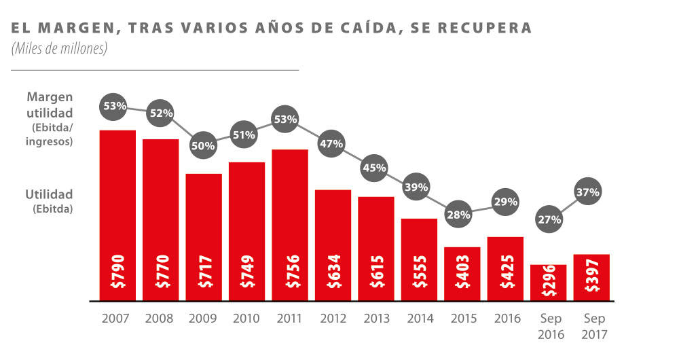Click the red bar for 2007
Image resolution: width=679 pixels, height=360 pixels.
[117, 215]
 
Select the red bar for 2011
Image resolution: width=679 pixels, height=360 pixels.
[290, 224]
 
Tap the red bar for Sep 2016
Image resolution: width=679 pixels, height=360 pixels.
[548, 282]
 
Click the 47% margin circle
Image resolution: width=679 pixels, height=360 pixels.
[333, 143]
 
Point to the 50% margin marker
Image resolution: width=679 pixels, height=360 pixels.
[203, 145]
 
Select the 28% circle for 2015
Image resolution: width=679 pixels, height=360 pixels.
[459, 215]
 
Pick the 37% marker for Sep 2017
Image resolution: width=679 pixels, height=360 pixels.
[588, 192]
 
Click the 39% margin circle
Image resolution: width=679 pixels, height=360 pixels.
[416, 187]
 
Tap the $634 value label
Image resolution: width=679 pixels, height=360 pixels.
[333, 271]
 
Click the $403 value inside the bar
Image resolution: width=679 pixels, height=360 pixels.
[462, 271]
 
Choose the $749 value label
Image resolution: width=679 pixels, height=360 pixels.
[246, 271]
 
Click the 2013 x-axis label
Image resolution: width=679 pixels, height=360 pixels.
[375, 318]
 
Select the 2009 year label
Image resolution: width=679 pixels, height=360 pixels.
[203, 318]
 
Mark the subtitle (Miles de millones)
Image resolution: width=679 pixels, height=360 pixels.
[59, 49]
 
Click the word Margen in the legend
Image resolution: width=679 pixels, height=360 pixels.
[50, 97]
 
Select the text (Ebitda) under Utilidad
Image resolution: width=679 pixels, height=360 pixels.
[52, 209]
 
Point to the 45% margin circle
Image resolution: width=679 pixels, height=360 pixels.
[374, 167]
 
